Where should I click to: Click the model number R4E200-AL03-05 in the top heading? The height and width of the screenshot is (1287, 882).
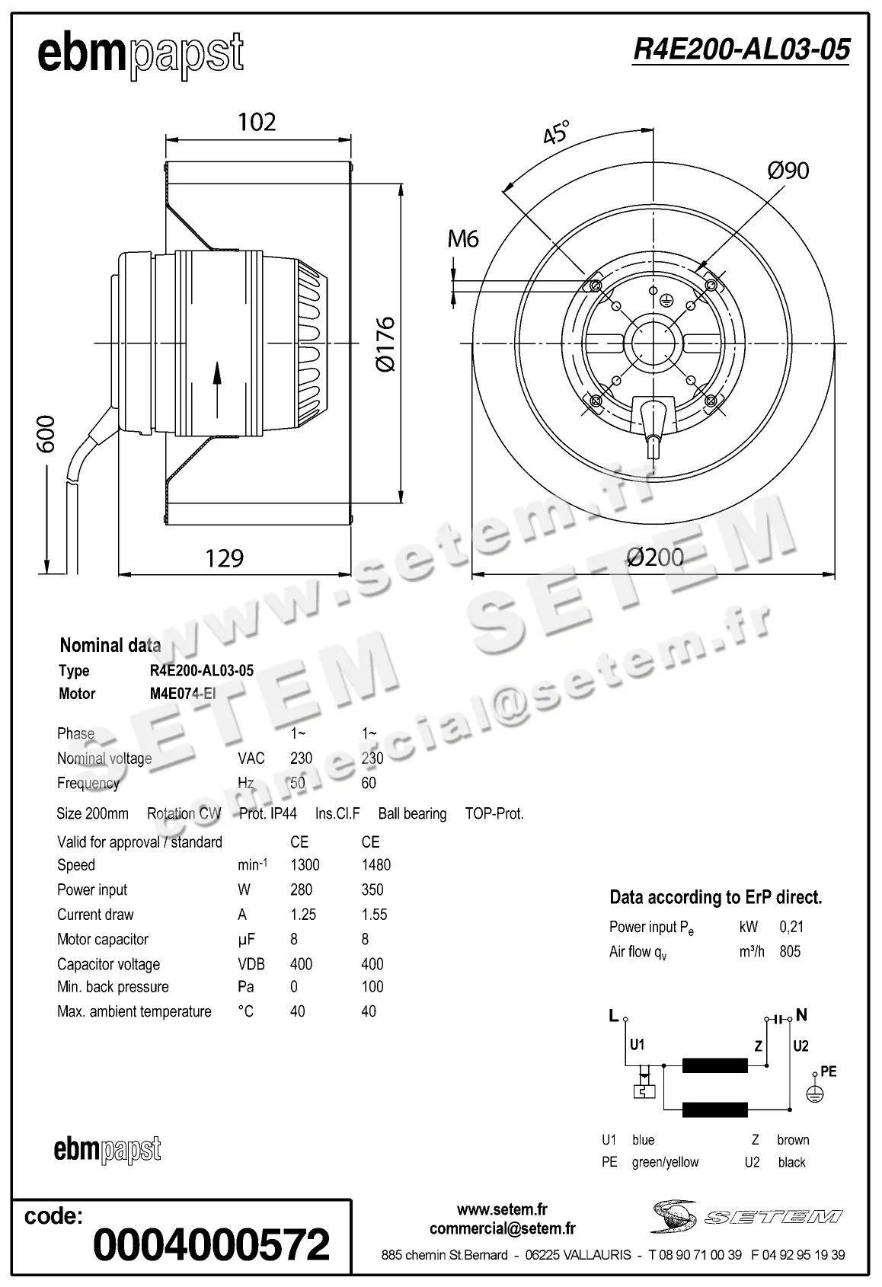741,49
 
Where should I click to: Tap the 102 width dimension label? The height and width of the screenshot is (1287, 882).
257,122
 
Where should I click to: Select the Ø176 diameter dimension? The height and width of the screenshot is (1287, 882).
385,343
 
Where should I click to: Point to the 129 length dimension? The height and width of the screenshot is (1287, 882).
224,558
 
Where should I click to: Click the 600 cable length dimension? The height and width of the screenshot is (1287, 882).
46,433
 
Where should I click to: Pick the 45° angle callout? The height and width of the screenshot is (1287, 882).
556,133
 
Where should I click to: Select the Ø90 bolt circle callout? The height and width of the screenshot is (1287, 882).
788,171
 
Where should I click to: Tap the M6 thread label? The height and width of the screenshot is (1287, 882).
462,239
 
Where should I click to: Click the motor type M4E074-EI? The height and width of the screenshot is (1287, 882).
183,694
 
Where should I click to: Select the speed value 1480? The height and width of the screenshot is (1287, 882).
376,865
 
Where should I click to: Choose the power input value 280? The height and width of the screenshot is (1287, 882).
302,889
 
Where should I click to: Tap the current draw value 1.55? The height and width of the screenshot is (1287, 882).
374,915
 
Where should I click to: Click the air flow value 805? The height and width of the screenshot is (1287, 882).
790,951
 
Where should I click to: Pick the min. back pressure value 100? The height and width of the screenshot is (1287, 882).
372,987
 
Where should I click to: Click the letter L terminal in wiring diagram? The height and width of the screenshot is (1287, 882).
614,1015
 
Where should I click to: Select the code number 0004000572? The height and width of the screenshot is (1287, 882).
212,1244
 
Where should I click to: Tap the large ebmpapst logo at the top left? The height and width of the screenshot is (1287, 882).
141,55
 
